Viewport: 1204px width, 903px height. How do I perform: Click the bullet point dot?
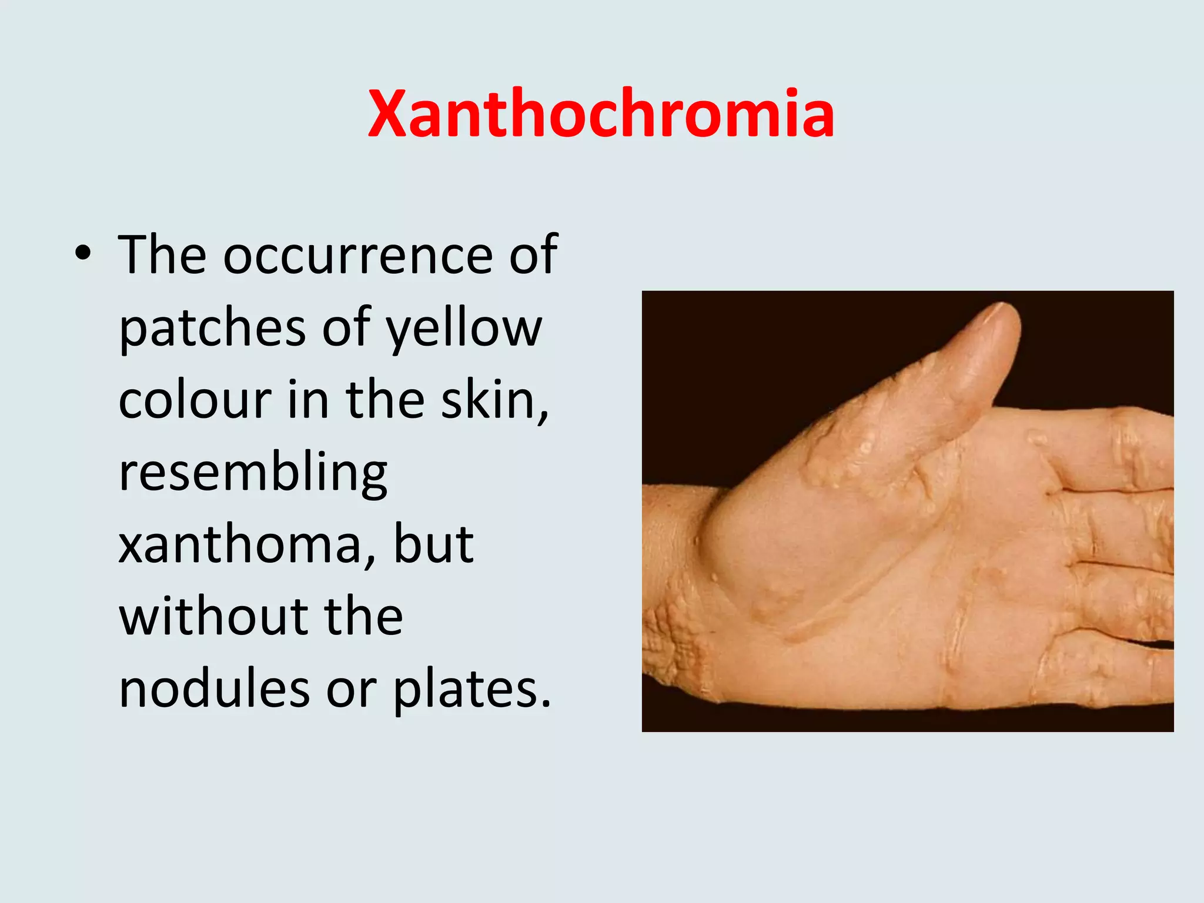[x=83, y=254]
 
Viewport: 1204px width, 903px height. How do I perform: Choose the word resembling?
[x=253, y=473]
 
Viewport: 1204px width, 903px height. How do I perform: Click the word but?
[x=433, y=544]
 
